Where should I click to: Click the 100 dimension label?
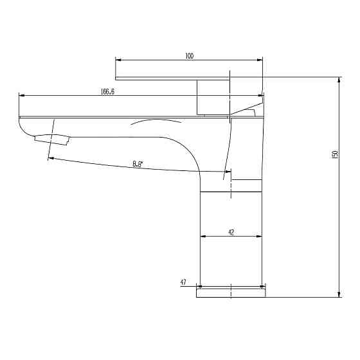pos(190,56)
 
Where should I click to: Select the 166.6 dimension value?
pos(107,91)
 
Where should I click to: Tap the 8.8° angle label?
pos(138,164)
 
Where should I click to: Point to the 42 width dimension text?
pos(231,233)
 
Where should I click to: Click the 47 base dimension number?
pos(183,282)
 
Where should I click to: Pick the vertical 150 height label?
pos(335,154)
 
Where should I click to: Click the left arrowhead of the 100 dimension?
pos(118,60)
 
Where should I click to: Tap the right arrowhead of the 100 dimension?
pos(260,60)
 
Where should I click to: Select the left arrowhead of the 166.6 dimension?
pos(21,95)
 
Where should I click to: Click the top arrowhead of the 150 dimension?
pos(339,80)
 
